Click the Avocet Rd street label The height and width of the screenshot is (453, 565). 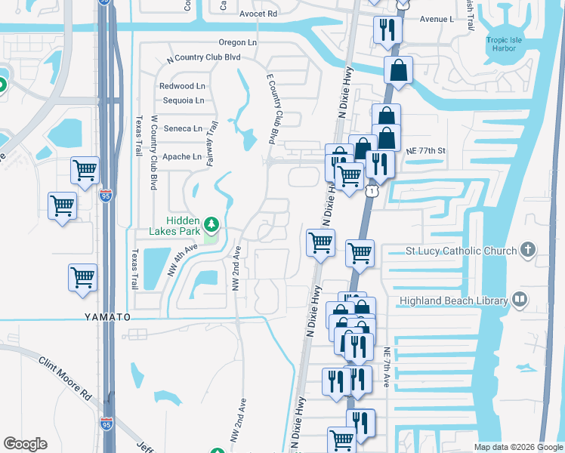(258, 14)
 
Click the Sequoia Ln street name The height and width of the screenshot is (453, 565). (182, 100)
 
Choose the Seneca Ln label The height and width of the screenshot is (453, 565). (184, 128)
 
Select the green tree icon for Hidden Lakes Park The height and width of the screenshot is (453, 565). (213, 223)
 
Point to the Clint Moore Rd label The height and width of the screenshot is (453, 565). (65, 378)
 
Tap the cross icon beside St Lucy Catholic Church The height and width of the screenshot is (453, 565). (528, 251)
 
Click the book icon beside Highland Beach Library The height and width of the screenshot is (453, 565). (520, 300)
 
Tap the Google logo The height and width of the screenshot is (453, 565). (25, 444)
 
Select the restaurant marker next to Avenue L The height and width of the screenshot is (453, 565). (387, 30)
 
